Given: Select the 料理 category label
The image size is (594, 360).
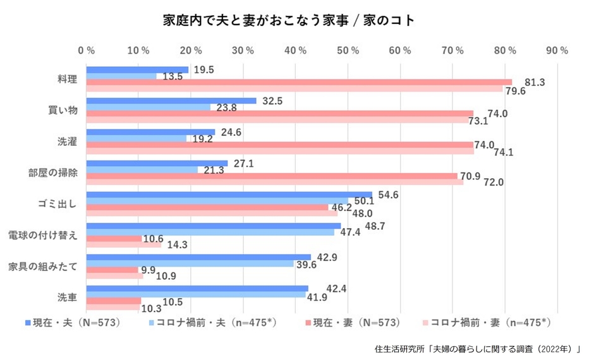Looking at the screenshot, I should pos(67,80).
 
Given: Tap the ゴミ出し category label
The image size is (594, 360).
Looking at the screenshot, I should pos(63,205).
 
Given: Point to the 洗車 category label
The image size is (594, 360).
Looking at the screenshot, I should pos(67,298).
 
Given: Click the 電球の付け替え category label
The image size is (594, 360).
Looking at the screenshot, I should pos(43,236).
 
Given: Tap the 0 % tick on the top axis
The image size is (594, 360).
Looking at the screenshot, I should pos(87,50).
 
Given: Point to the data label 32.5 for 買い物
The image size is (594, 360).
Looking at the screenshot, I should pos(272,100).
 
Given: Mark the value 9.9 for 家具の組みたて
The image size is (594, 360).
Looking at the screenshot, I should pos(147,270).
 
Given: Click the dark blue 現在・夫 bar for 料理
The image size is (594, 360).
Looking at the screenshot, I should pos(137,69).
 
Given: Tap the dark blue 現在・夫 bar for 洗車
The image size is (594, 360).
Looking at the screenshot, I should pos(197,289).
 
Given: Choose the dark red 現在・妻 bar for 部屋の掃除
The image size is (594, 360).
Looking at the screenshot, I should pos(271,176).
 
